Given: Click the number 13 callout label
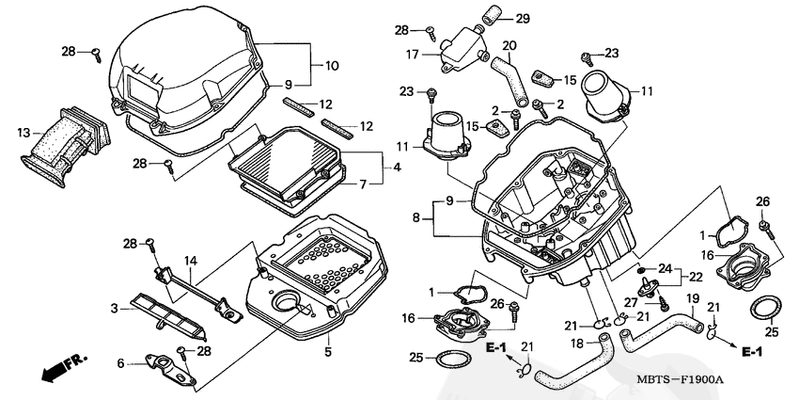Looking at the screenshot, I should pyautogui.click(x=23, y=134).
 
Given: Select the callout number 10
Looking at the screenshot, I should pyautogui.click(x=332, y=66).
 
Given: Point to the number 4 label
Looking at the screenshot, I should pyautogui.click(x=397, y=168).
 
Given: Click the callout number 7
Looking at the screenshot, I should pyautogui.click(x=364, y=184).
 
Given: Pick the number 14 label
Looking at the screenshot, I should pyautogui.click(x=190, y=261).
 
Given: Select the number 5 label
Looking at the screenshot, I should pyautogui.click(x=328, y=352).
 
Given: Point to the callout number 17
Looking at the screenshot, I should pyautogui.click(x=412, y=56).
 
